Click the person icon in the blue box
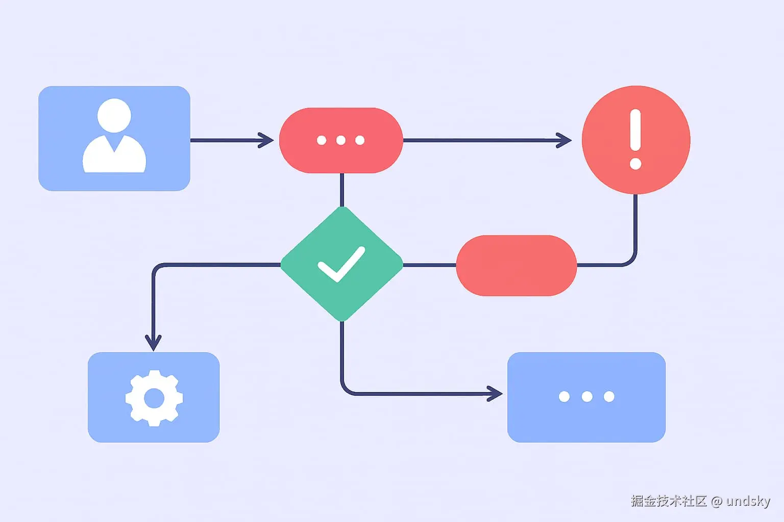(x=114, y=137)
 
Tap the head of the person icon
(x=114, y=115)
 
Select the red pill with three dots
(x=341, y=140)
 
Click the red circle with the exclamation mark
(x=636, y=140)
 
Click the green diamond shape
(x=341, y=264)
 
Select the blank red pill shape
(x=516, y=265)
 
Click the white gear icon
(x=154, y=398)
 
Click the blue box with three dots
(x=586, y=397)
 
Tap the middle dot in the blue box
(x=587, y=397)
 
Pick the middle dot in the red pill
(x=341, y=140)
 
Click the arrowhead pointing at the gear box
(x=153, y=343)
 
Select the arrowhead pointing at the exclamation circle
(x=565, y=140)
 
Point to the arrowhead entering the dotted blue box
(x=495, y=394)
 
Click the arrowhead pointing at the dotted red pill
(x=267, y=140)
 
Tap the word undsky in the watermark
(x=748, y=501)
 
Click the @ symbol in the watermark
(x=717, y=502)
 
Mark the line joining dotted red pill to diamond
(x=341, y=190)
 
